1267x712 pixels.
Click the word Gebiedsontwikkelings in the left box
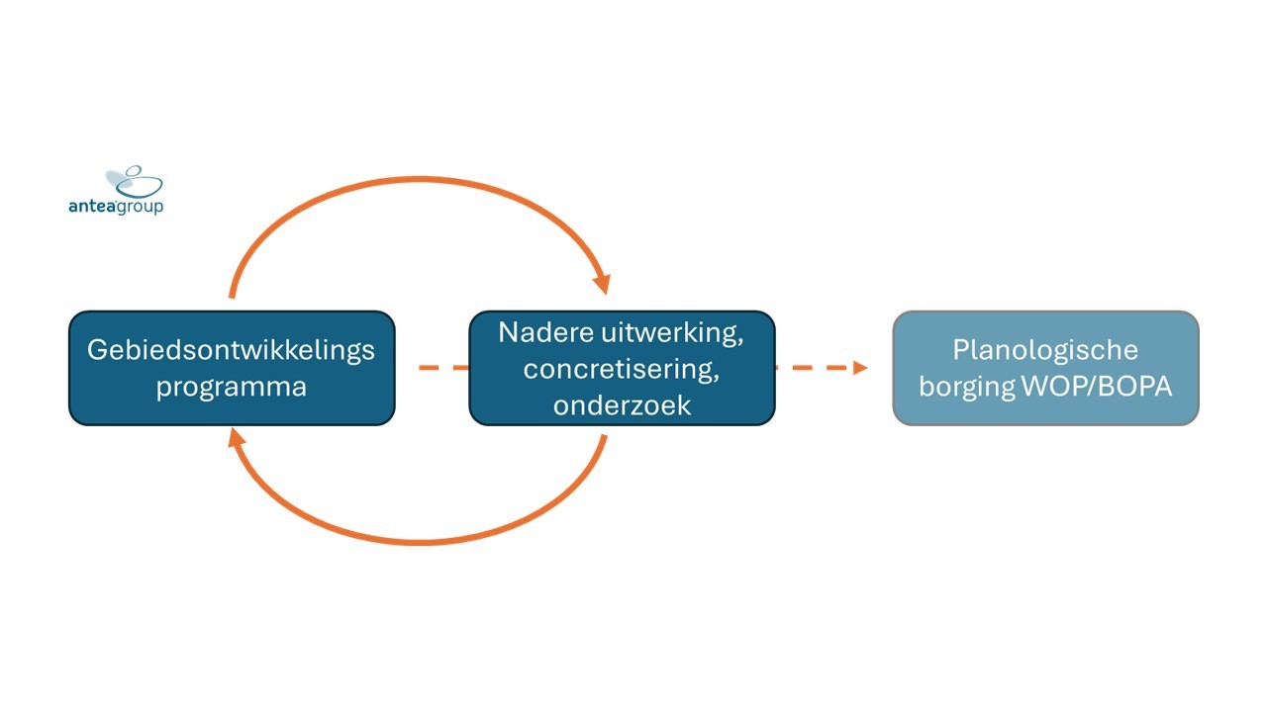[x=231, y=351]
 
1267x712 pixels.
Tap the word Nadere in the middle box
[x=544, y=332]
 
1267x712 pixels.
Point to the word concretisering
[x=619, y=369]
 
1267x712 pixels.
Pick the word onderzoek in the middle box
[x=623, y=405]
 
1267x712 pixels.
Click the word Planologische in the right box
[x=1045, y=351]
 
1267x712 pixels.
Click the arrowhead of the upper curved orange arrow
[x=603, y=284]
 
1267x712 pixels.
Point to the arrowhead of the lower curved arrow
[x=236, y=437]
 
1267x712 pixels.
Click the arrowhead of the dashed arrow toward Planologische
[x=860, y=368]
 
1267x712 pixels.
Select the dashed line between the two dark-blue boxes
[x=444, y=368]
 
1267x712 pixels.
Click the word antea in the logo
[x=92, y=206]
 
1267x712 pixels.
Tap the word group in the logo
[x=140, y=208]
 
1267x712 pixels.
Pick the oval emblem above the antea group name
[x=135, y=181]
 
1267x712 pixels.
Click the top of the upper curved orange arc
[x=419, y=180]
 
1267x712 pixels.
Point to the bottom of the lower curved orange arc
[x=419, y=542]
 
